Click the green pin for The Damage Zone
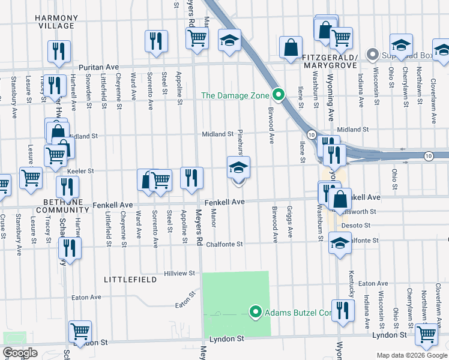[278, 95]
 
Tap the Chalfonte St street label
[224, 244]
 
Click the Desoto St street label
[354, 226]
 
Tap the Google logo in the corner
[20, 353]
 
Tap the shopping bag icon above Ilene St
[291, 48]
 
